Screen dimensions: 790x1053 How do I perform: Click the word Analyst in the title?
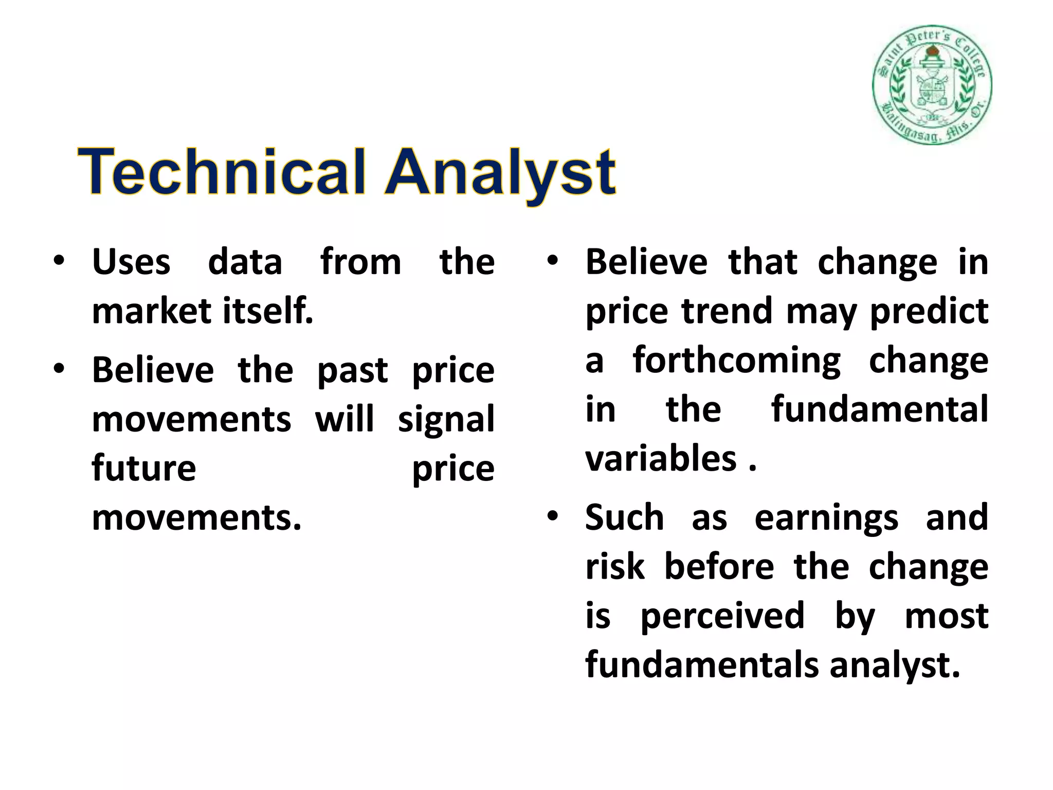(501, 172)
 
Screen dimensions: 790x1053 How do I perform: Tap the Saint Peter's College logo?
(932, 85)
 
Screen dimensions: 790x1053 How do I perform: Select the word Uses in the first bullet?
(131, 262)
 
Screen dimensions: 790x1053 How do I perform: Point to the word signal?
(446, 420)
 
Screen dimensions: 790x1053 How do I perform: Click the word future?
(144, 468)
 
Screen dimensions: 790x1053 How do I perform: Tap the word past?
(352, 370)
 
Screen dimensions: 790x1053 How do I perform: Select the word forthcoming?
(737, 360)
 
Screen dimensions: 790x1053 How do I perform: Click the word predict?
(929, 312)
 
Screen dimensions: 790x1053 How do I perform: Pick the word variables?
(661, 459)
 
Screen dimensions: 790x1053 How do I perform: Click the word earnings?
(826, 517)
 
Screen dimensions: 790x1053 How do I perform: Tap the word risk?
(614, 567)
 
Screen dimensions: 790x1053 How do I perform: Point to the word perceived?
(722, 616)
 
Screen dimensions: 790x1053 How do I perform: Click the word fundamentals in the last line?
(701, 665)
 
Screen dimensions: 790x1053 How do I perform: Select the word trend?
(727, 312)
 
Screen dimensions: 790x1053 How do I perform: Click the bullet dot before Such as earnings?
(553, 516)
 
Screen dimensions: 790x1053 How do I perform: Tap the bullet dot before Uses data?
(59, 261)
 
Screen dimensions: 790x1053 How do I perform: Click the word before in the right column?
(719, 567)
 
